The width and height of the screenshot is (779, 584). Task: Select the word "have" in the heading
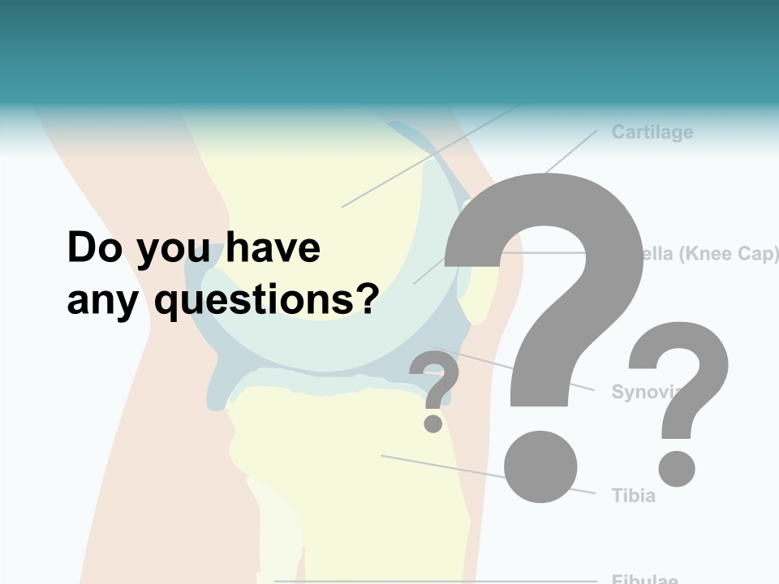(x=273, y=248)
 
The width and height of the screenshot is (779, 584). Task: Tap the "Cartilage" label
(x=652, y=132)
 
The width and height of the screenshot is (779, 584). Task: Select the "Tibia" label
(x=633, y=495)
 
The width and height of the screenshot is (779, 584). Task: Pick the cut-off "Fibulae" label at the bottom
(x=644, y=579)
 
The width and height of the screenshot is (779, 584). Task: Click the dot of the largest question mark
(x=540, y=466)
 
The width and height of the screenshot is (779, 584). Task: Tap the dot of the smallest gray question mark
(x=433, y=423)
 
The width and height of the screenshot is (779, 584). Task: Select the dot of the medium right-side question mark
(x=676, y=468)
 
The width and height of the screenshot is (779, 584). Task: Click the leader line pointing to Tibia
(x=438, y=466)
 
